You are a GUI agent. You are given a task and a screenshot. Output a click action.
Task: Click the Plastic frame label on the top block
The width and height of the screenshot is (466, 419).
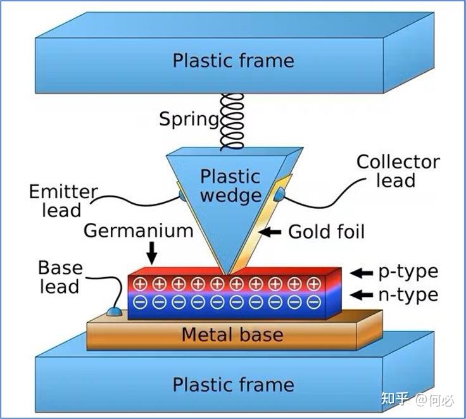pos(233,61)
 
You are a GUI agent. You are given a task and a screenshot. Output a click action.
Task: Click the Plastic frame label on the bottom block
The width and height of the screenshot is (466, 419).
pos(233,384)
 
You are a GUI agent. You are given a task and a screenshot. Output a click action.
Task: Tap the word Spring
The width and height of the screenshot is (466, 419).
pos(189,118)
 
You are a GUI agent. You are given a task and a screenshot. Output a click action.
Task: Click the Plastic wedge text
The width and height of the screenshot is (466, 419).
pos(230,185)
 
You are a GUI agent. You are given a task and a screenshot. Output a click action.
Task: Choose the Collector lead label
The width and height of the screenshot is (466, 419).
pos(397,171)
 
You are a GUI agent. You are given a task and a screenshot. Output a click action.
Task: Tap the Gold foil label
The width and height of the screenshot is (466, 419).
pos(326,232)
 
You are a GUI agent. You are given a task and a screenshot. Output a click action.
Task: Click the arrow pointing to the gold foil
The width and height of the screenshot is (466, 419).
pos(272,232)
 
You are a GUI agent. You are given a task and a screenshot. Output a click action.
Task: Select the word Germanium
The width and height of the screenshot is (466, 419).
pos(139,230)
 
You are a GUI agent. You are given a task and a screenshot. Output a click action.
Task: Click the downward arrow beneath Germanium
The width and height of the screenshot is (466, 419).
pos(151,254)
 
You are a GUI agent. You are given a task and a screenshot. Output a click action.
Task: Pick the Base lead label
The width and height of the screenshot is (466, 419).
pos(59,277)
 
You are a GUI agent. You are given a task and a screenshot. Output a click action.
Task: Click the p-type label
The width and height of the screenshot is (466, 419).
pos(408,272)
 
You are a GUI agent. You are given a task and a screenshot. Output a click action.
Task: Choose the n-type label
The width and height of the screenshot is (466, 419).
pos(408,294)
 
